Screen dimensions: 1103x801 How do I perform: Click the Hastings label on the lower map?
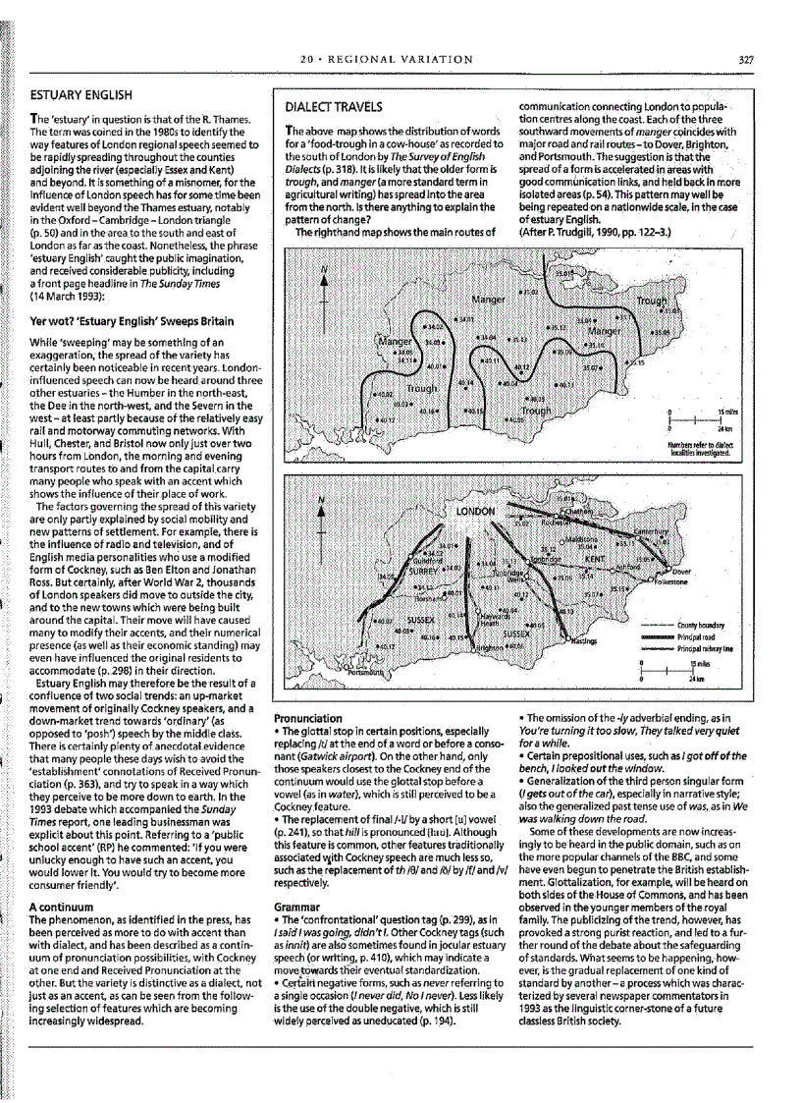586,640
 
